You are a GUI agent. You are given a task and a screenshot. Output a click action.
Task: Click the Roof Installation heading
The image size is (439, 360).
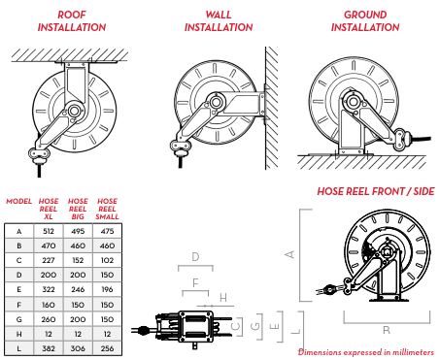pyautogui.click(x=72, y=21)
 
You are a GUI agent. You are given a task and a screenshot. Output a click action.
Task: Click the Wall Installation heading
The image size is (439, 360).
pyautogui.click(x=219, y=21)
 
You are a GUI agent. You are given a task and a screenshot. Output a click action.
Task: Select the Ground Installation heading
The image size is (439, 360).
pyautogui.click(x=365, y=21)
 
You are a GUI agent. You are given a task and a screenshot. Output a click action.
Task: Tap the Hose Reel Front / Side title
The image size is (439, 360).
pyautogui.click(x=376, y=191)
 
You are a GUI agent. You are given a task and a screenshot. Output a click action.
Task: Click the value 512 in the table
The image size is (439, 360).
pyautogui.click(x=49, y=231)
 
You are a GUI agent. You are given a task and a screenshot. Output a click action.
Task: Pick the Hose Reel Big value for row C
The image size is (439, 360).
pyautogui.click(x=78, y=260)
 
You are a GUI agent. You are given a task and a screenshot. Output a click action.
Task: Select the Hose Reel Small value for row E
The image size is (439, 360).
pyautogui.click(x=107, y=289)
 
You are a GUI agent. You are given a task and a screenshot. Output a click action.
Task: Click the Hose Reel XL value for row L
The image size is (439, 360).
pyautogui.click(x=49, y=348)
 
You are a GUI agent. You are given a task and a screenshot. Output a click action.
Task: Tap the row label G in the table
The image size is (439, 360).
pyautogui.click(x=19, y=319)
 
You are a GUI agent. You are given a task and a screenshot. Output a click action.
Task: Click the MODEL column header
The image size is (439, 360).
pyautogui.click(x=19, y=201)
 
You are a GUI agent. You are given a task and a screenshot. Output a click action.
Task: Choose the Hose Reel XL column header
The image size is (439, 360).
pyautogui.click(x=49, y=209)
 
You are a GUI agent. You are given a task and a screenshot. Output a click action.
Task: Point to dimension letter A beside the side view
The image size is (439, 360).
pyautogui.click(x=290, y=254)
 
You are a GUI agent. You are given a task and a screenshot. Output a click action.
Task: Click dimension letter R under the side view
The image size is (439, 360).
pyautogui.click(x=387, y=330)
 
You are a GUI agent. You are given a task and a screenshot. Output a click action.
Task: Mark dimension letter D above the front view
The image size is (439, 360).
pyautogui.click(x=195, y=257)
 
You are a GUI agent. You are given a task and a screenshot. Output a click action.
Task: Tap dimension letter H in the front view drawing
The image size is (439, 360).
pyautogui.click(x=223, y=298)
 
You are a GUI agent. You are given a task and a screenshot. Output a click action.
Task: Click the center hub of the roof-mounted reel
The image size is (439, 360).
pyautogui.click(x=74, y=112)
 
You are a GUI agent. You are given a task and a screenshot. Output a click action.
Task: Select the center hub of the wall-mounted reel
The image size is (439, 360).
pyautogui.click(x=216, y=102)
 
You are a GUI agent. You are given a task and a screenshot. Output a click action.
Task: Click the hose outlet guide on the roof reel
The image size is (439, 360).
pyautogui.click(x=39, y=154)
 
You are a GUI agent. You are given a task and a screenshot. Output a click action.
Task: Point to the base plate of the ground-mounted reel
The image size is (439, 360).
pyautogui.click(x=351, y=154)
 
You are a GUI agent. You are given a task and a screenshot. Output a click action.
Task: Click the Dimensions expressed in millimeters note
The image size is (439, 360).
pyautogui.click(x=366, y=352)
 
